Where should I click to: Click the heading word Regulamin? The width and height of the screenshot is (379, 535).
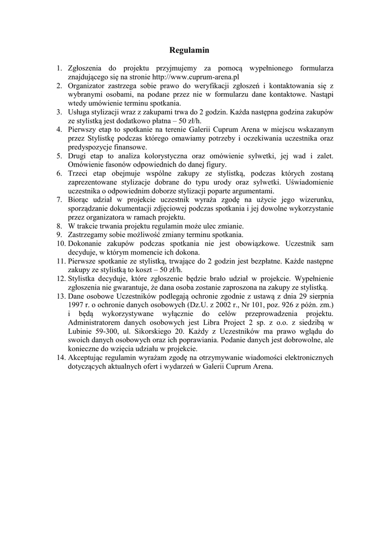pyautogui.click(x=189, y=51)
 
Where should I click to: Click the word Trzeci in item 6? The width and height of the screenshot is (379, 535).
pyautogui.click(x=77, y=173)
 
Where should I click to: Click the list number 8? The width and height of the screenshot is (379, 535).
pyautogui.click(x=60, y=226)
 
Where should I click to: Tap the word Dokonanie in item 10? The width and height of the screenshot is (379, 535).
pyautogui.click(x=85, y=243)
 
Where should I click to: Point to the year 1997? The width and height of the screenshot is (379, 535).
pyautogui.click(x=76, y=305)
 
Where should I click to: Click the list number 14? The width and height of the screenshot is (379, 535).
pyautogui.click(x=60, y=358)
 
